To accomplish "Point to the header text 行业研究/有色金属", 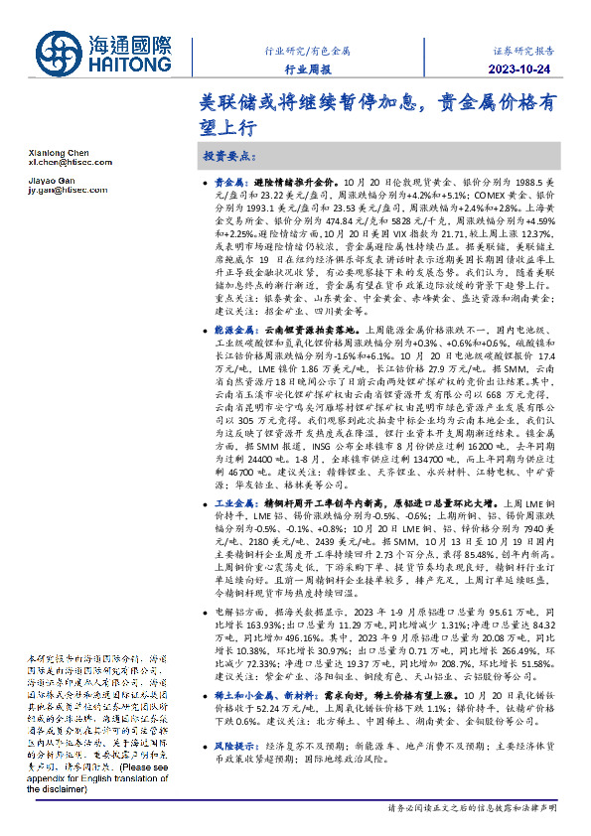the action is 307,48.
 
